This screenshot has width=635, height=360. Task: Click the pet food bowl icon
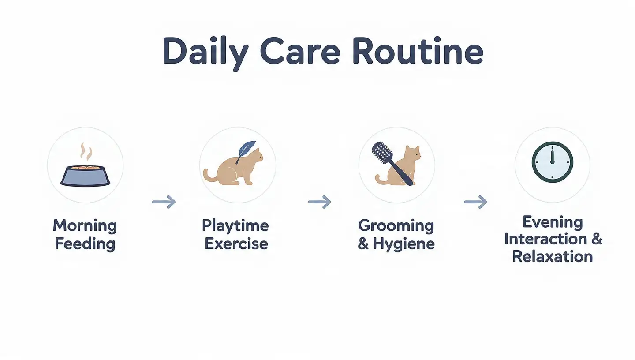pyautogui.click(x=85, y=176)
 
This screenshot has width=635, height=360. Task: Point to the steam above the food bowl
pyautogui.click(x=86, y=152)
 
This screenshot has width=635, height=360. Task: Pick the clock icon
pyautogui.click(x=552, y=162)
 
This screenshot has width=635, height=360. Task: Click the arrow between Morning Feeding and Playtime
pyautogui.click(x=164, y=202)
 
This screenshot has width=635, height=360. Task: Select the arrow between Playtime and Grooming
pyautogui.click(x=320, y=202)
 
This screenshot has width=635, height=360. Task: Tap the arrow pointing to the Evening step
pyautogui.click(x=476, y=202)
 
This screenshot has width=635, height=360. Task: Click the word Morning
pyautogui.click(x=85, y=226)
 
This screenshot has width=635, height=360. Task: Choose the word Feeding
pyautogui.click(x=85, y=244)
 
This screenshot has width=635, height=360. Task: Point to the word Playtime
pyautogui.click(x=235, y=226)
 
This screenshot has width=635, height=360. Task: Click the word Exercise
pyautogui.click(x=236, y=244)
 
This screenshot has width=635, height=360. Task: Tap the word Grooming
pyautogui.click(x=396, y=226)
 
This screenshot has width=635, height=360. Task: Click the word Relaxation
pyautogui.click(x=553, y=257)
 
